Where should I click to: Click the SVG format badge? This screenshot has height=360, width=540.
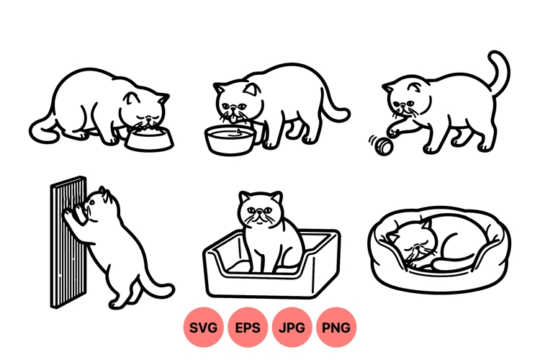tap(203, 328)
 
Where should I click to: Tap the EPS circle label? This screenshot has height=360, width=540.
tap(248, 328)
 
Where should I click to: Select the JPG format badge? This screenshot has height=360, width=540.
tap(292, 328)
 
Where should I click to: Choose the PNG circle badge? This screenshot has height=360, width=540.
tap(336, 328)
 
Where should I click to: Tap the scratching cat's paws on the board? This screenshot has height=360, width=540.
tap(72, 212)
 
